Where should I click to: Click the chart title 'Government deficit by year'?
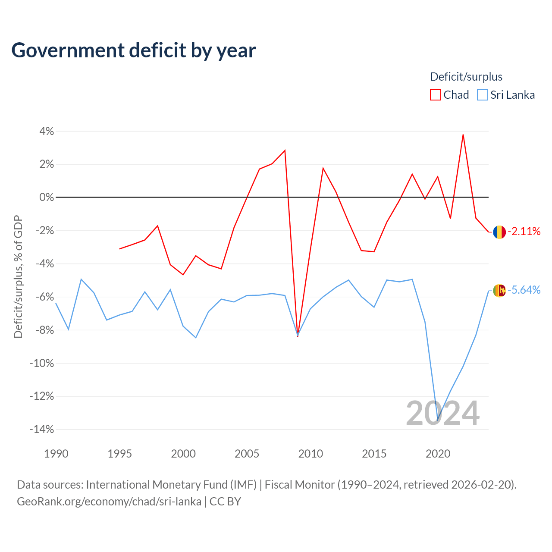134,51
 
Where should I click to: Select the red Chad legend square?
435,95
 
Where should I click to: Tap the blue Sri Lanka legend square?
482,95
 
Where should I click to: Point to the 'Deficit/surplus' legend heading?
466,77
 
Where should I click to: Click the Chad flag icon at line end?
499,232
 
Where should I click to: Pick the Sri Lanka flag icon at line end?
499,291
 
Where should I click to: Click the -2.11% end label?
524,231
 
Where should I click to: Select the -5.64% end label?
524,290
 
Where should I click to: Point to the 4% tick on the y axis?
47,131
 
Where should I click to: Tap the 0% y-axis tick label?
47,197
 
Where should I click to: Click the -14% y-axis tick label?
42,429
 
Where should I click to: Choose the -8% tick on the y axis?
44,330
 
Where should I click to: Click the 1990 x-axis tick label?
56,454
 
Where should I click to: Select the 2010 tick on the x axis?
310,454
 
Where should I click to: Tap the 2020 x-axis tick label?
438,454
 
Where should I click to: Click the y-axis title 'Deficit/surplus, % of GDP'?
18,277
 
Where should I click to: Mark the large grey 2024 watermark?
442,413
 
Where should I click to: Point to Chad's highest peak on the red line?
463,135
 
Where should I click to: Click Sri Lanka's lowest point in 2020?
438,419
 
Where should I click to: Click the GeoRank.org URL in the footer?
109,502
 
